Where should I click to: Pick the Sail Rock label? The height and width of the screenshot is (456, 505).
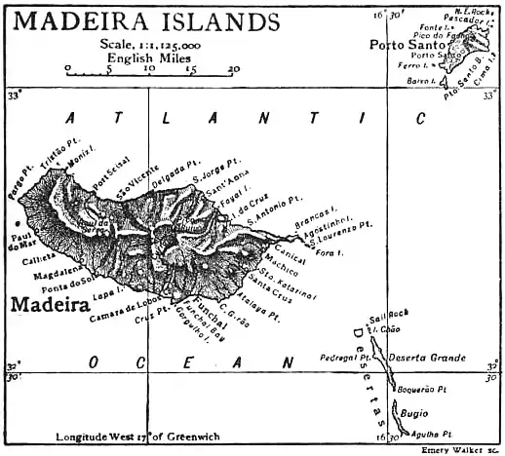point(385,319)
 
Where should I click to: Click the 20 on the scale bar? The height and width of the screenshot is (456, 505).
point(233,69)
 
